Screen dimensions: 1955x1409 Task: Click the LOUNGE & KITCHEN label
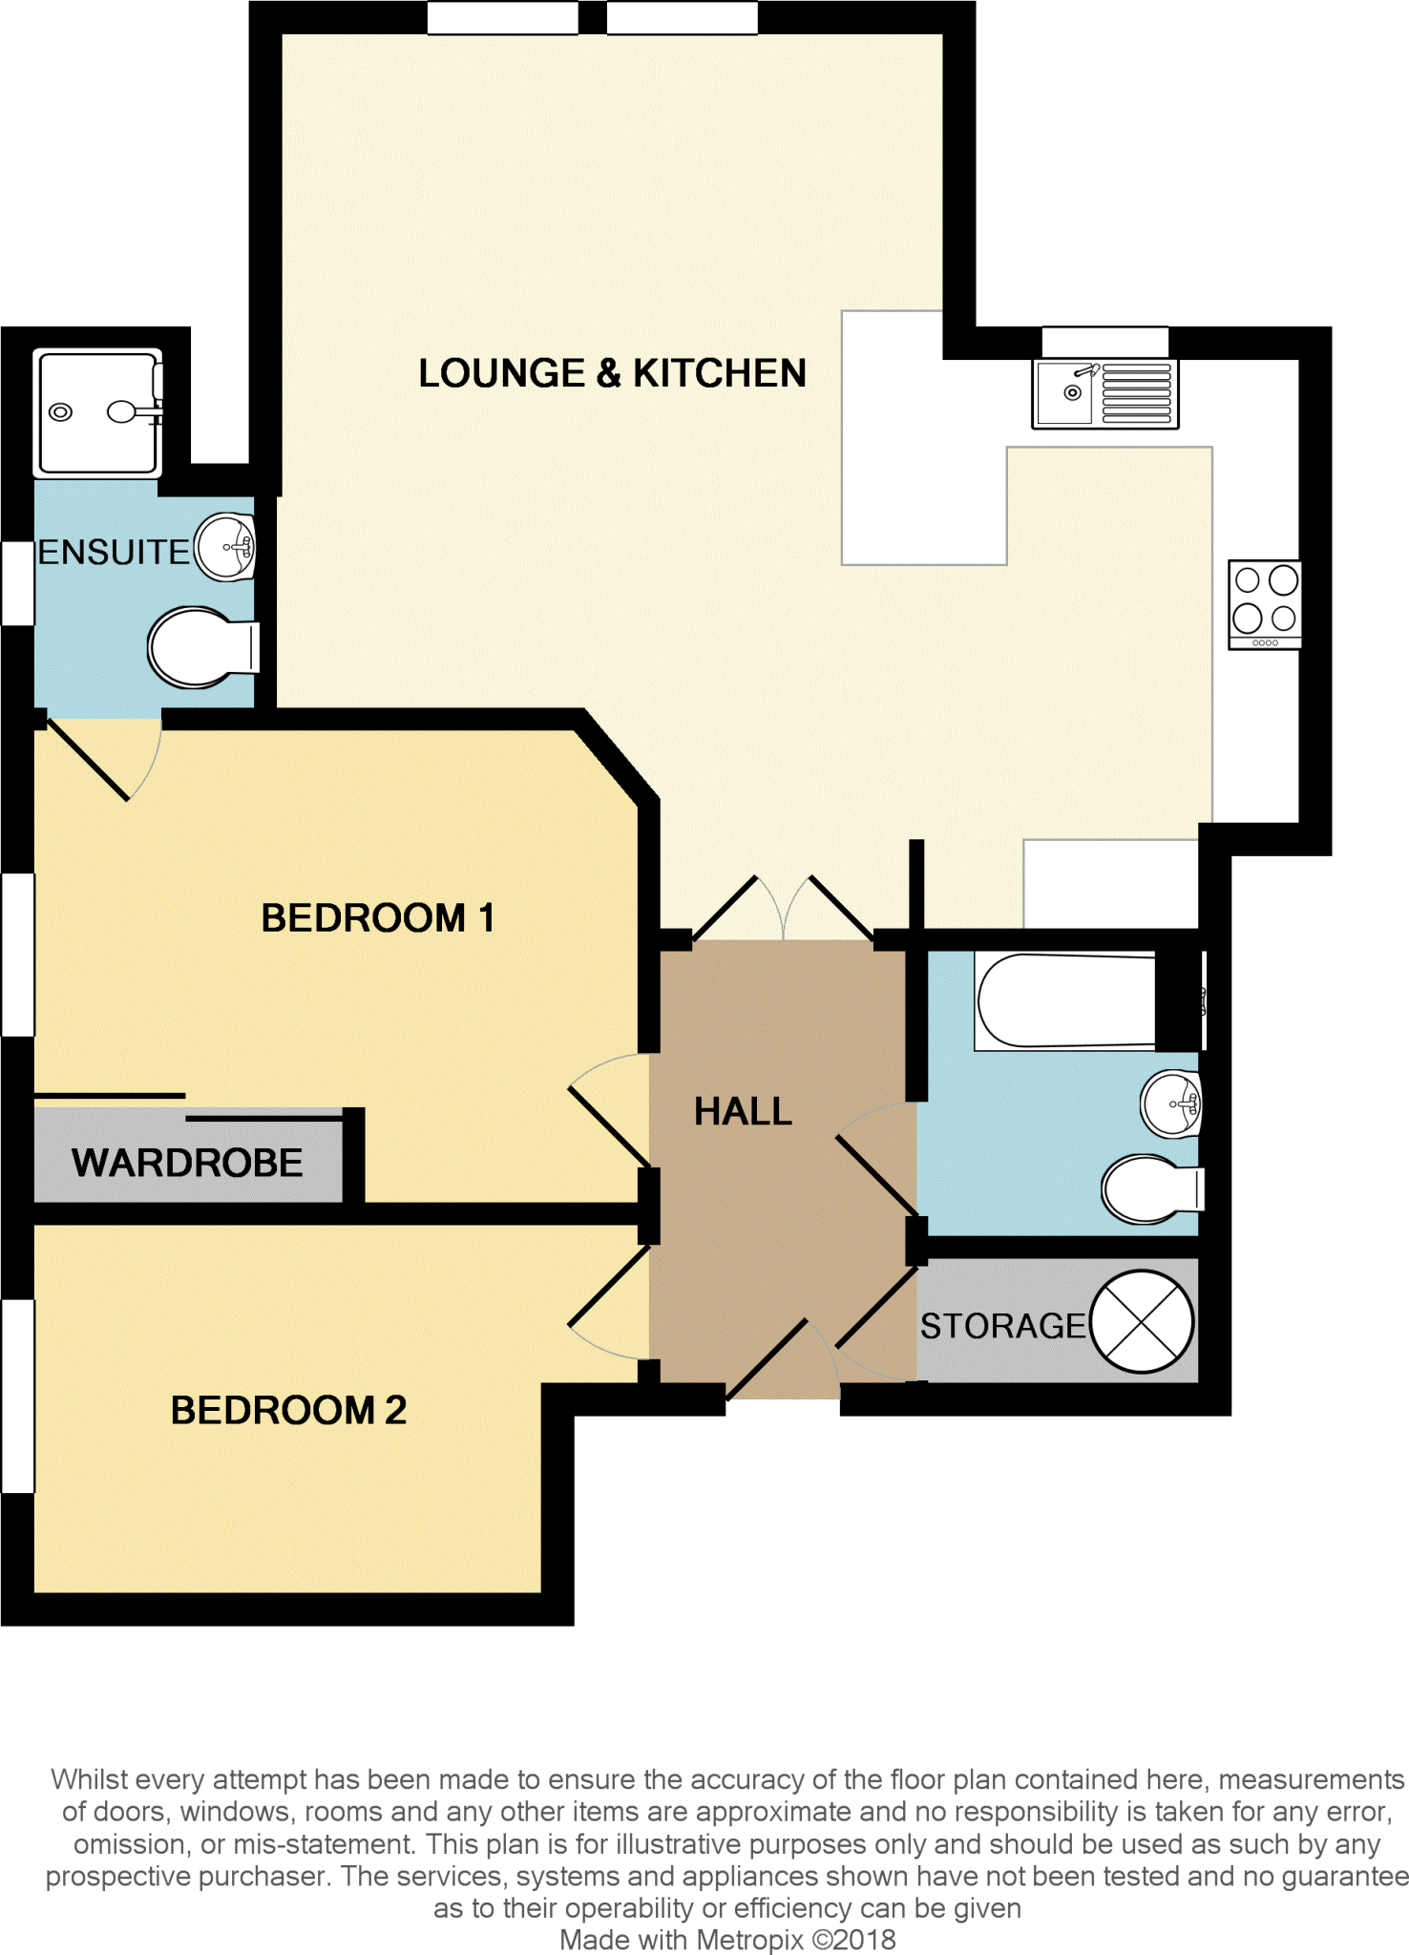click(612, 373)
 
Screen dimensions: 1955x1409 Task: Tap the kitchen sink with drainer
click(1104, 393)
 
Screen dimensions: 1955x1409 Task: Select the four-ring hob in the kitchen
click(1264, 603)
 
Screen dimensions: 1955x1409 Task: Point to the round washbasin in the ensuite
click(226, 548)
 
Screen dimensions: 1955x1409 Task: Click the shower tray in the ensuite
click(97, 412)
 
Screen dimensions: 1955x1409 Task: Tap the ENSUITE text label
click(114, 553)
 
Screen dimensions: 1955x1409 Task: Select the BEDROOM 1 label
click(377, 918)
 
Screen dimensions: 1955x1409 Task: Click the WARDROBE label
click(187, 1163)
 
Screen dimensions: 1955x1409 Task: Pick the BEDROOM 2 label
click(288, 1410)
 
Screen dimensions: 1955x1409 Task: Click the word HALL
click(743, 1111)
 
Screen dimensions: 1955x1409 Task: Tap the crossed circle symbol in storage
click(1142, 1322)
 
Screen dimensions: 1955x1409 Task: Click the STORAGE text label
click(1002, 1326)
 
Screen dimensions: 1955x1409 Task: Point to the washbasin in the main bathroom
click(1171, 1104)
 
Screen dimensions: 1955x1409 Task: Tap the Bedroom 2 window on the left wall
click(17, 1396)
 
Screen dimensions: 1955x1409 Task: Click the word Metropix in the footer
click(749, 1940)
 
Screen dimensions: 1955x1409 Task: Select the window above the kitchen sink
click(1104, 341)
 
